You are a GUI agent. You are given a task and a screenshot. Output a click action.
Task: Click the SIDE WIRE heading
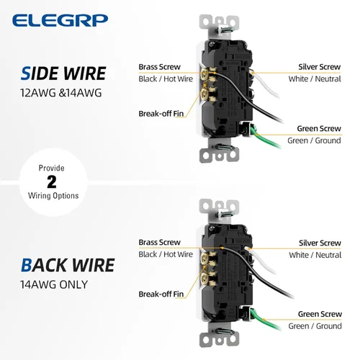click(63, 73)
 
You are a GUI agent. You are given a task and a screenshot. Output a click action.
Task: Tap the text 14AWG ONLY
click(53, 284)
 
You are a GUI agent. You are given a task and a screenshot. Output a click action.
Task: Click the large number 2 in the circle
click(51, 181)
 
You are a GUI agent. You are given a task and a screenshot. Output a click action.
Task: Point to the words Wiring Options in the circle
click(51, 195)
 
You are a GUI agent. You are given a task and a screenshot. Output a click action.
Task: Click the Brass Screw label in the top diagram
click(160, 67)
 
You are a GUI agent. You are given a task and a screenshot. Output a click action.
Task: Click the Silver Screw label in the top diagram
click(319, 67)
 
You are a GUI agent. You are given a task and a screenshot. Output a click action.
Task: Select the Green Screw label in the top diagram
click(319, 129)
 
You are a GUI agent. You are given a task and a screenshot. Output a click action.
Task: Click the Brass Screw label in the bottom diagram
click(160, 243)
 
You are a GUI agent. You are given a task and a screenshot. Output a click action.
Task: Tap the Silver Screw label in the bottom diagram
click(319, 243)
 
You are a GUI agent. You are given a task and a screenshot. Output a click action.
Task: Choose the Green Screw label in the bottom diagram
click(319, 314)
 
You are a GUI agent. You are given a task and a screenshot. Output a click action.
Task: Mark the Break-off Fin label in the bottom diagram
click(162, 294)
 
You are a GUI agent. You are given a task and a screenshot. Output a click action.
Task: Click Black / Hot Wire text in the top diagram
click(166, 78)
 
